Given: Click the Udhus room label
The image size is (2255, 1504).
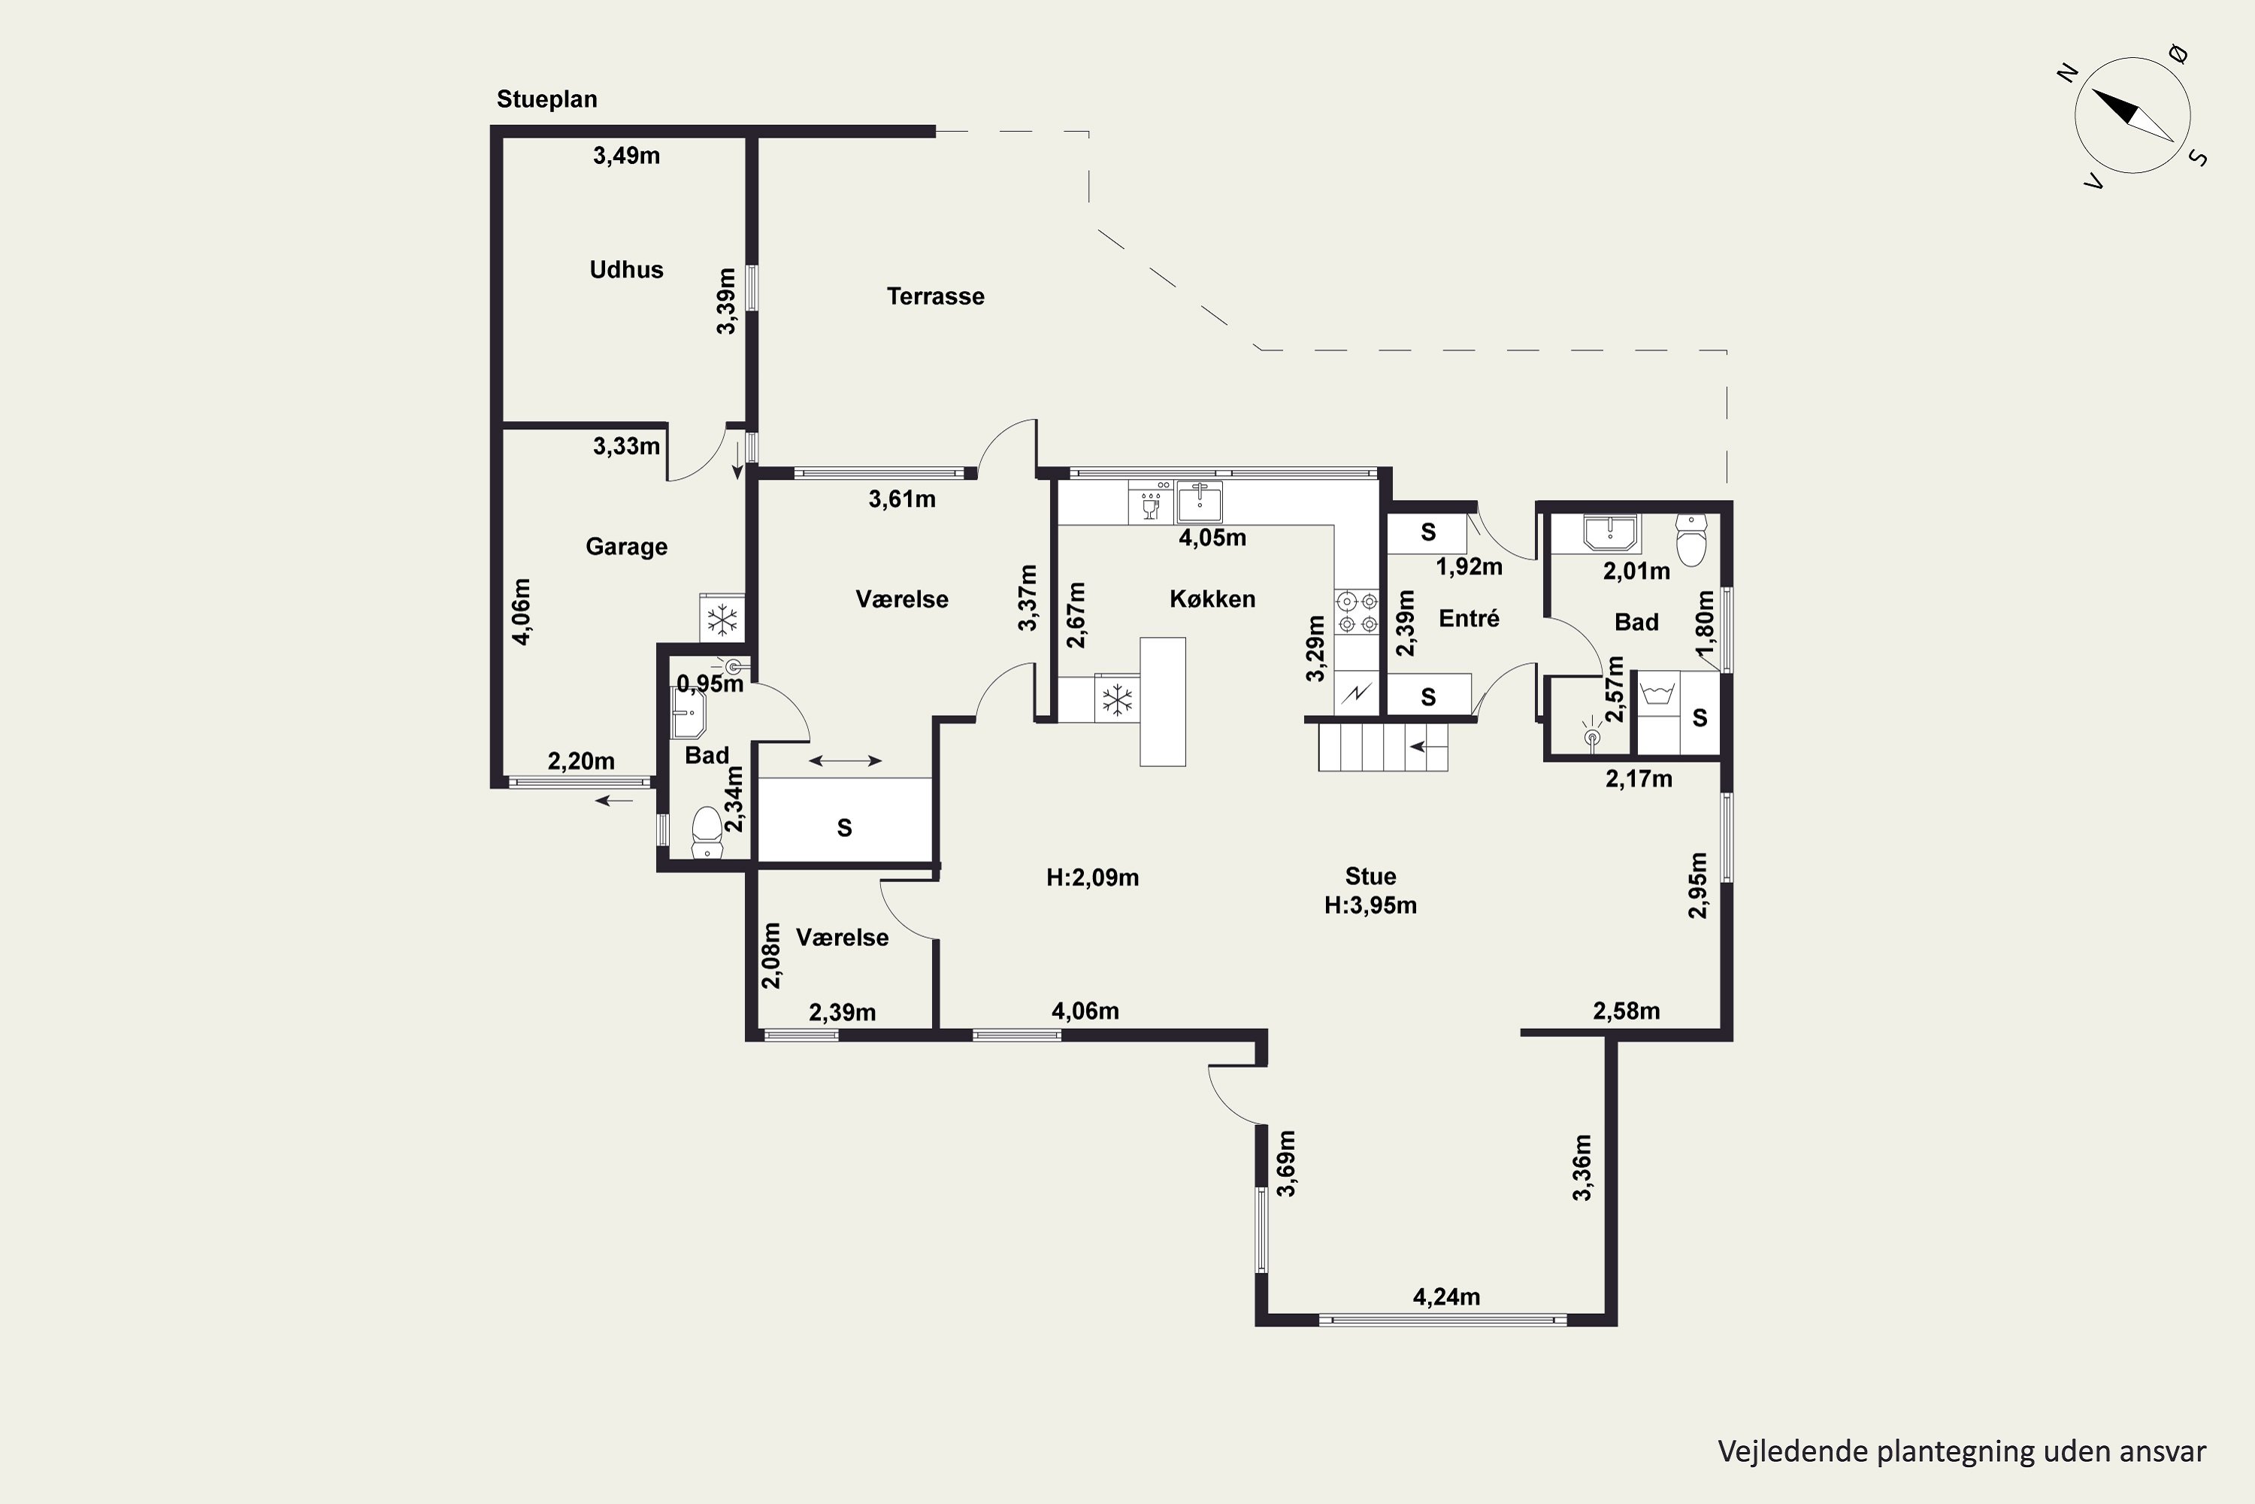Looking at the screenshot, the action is [x=626, y=269].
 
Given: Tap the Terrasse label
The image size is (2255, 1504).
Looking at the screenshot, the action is [x=935, y=296].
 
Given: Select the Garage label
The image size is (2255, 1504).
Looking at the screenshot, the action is [x=626, y=547].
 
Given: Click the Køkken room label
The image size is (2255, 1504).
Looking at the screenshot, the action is [x=1212, y=599].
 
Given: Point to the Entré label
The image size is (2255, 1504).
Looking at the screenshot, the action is [x=1469, y=619].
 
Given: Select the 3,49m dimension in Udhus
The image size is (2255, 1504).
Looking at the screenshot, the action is [x=626, y=156].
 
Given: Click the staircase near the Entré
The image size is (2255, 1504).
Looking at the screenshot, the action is [x=1382, y=746].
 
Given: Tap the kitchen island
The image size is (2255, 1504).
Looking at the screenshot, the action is [x=1162, y=701].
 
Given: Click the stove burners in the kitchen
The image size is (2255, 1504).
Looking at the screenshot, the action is [x=1357, y=612].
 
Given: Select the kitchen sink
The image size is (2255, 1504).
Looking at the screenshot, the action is [x=1200, y=502].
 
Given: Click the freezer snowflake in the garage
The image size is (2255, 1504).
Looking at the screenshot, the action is [x=722, y=619].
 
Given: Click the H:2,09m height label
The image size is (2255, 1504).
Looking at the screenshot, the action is [x=1092, y=878].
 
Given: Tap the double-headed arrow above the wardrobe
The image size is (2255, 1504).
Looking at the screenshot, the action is [x=845, y=760].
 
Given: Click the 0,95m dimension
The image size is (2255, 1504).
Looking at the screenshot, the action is [x=710, y=684].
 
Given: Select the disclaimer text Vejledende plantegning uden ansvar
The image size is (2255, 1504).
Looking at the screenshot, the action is [x=1962, y=1451].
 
